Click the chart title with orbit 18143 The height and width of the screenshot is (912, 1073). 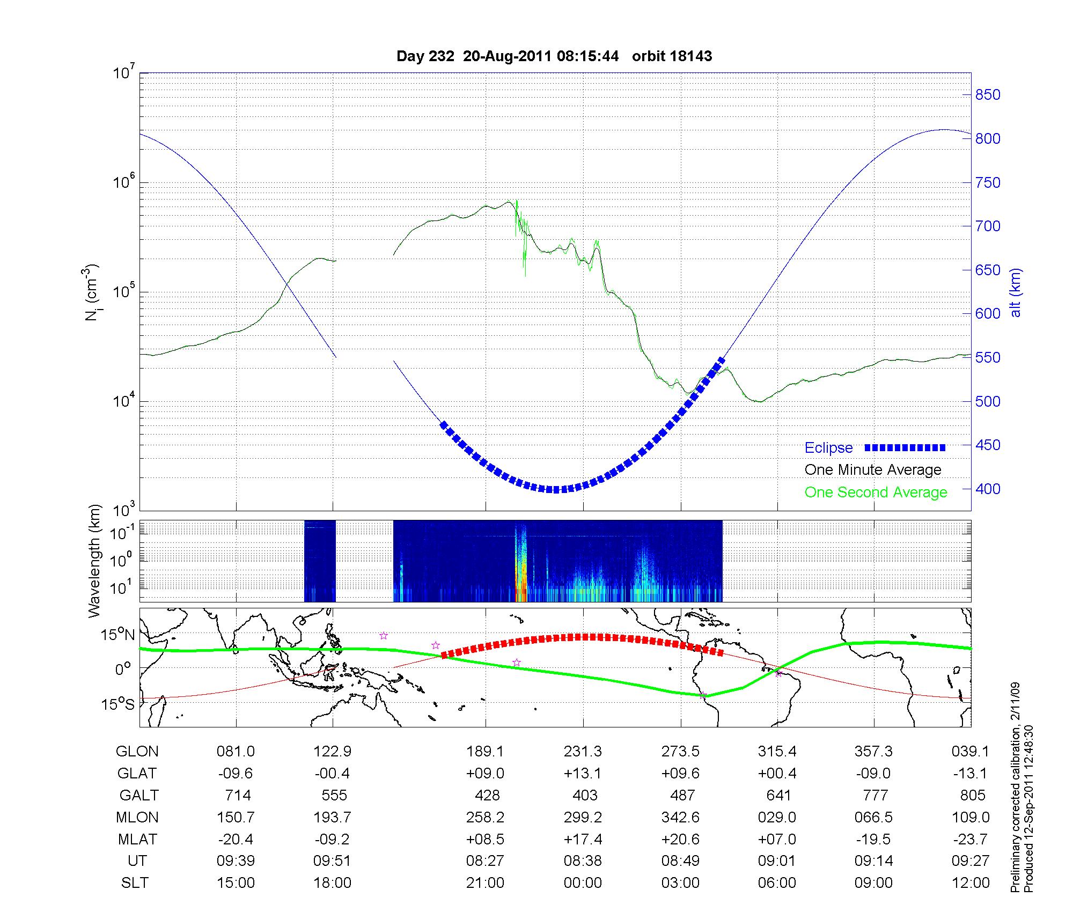(554, 56)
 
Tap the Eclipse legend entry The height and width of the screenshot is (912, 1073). (828, 448)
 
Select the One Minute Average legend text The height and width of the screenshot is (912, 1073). (873, 470)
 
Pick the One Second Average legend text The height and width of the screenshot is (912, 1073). (876, 492)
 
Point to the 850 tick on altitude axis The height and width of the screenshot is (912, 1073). (987, 95)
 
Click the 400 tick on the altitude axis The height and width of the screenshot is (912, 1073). (987, 489)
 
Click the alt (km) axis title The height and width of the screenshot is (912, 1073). (1016, 292)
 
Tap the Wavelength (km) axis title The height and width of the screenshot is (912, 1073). (94, 561)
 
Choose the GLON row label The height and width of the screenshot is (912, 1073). (137, 752)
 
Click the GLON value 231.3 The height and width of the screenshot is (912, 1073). (583, 752)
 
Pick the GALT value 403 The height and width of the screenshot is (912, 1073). (585, 795)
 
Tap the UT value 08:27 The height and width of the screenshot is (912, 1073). (485, 861)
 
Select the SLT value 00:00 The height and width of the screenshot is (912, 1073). (583, 883)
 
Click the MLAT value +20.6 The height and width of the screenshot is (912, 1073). (680, 839)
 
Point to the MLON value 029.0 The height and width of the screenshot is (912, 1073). (777, 818)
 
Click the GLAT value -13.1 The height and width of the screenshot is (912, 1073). (970, 774)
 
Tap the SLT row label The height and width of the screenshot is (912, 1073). (135, 883)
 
